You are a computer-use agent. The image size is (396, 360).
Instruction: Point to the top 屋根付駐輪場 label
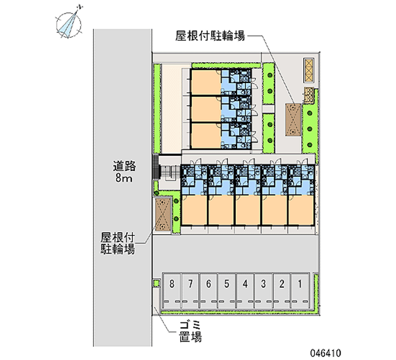[x=210, y=36]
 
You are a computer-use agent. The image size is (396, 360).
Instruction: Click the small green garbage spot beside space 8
[x=156, y=283]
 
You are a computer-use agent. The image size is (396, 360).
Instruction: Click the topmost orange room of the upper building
[x=205, y=82]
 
